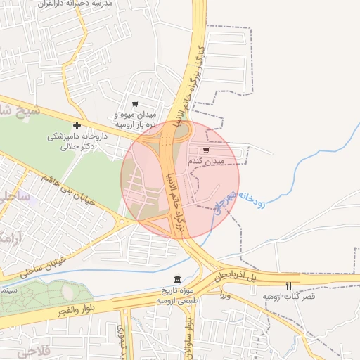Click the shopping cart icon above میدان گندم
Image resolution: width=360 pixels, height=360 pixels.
click(x=205, y=150)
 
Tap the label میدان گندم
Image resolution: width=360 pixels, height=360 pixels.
click(x=205, y=162)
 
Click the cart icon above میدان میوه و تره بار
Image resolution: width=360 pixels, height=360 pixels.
click(x=135, y=104)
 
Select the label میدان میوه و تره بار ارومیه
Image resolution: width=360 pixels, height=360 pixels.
click(x=138, y=119)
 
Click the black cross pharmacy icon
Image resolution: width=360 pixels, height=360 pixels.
click(x=77, y=125)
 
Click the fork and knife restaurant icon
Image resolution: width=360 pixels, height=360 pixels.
click(x=288, y=285)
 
